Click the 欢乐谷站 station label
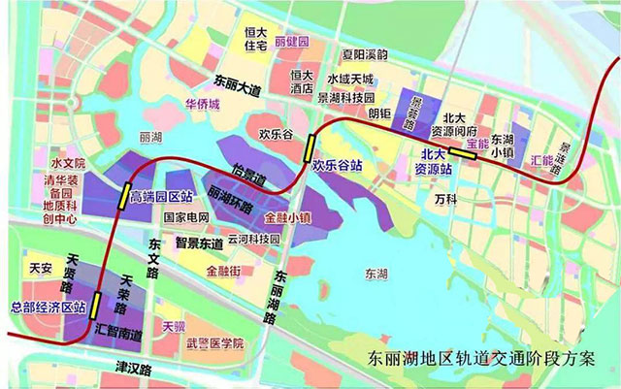coord(337,166)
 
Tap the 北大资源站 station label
coord(434,161)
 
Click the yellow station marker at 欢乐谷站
coord(309,147)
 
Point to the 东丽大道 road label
coord(239,81)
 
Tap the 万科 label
coord(446,198)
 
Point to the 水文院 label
coord(70,163)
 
